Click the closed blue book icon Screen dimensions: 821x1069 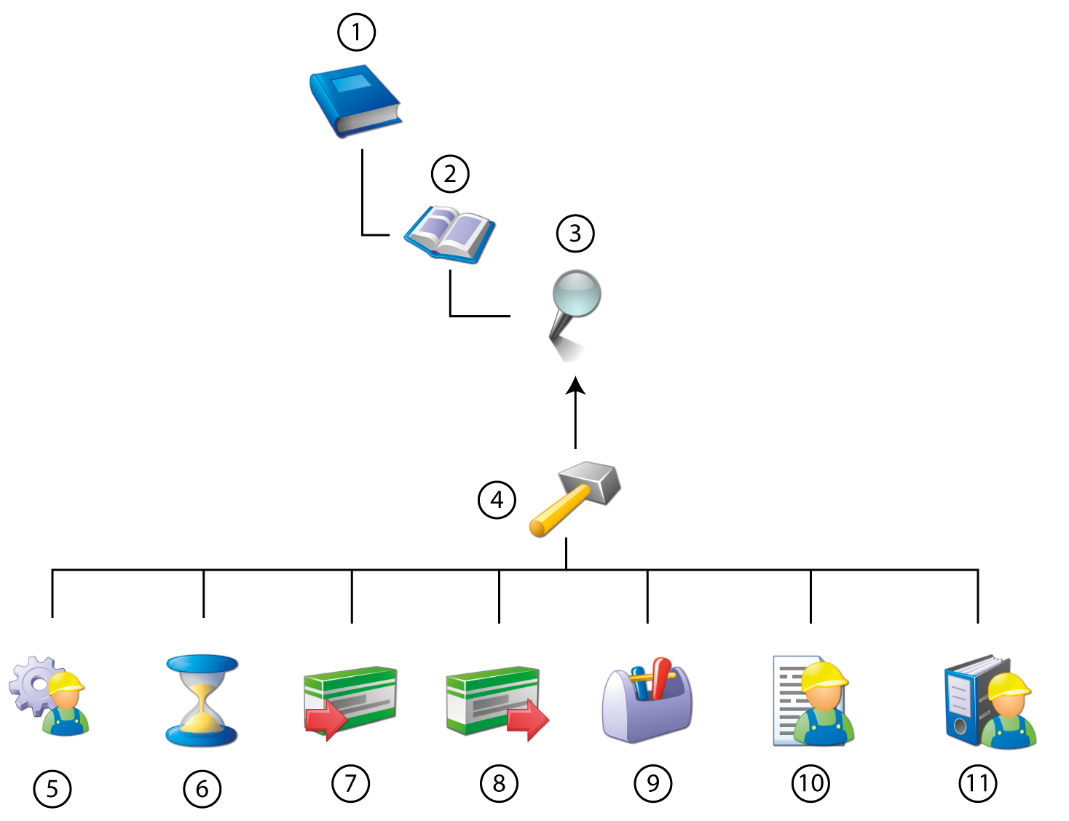(355, 100)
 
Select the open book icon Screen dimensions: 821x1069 (450, 234)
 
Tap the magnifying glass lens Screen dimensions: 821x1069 (577, 293)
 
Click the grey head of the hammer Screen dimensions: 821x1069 (593, 482)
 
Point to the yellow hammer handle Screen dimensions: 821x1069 (558, 514)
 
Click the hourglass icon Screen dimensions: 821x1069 (202, 700)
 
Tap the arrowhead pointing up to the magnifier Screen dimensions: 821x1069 (576, 386)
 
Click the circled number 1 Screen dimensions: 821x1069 (356, 33)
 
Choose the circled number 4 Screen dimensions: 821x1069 (497, 500)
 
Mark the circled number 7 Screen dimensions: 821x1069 (351, 783)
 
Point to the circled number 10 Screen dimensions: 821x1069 (810, 783)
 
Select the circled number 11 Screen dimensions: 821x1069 (977, 783)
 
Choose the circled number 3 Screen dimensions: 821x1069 (575, 233)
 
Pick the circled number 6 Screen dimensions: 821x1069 (202, 788)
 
